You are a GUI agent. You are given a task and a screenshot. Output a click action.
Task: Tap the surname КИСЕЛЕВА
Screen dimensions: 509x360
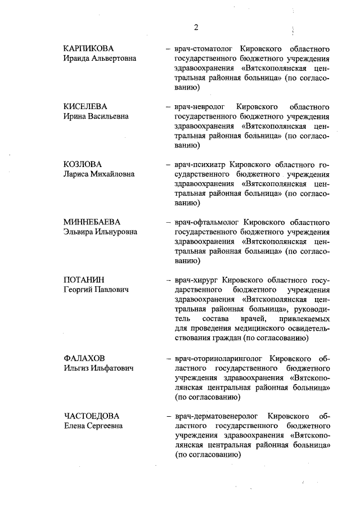(85, 106)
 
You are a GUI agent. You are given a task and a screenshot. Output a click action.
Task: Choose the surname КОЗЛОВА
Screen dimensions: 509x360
(83, 164)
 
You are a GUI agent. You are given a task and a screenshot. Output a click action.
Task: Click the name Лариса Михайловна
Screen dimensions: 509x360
(99, 174)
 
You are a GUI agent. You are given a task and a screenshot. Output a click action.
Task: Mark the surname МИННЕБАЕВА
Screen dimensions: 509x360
(92, 222)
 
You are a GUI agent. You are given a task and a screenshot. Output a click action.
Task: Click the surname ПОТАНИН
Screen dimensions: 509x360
(84, 280)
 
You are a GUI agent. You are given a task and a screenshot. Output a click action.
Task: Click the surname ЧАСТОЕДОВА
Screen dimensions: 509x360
(91, 416)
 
